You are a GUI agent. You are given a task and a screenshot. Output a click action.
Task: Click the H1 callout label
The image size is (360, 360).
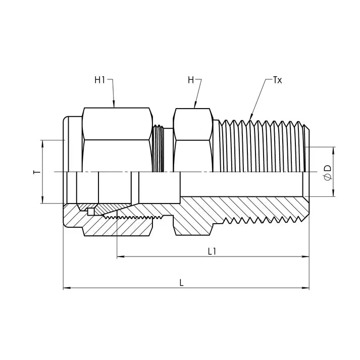pyautogui.click(x=99, y=80)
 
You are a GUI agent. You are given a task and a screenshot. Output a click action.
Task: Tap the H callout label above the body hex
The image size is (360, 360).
pyautogui.click(x=190, y=80)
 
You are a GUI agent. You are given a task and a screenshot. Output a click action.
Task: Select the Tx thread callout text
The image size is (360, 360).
pyautogui.click(x=277, y=80)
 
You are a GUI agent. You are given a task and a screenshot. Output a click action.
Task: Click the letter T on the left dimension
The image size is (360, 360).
pyautogui.click(x=36, y=172)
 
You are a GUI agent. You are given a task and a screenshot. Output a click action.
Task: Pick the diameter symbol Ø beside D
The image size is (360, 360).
pyautogui.click(x=328, y=177)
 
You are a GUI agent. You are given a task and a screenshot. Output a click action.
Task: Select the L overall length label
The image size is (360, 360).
pyautogui.click(x=181, y=283)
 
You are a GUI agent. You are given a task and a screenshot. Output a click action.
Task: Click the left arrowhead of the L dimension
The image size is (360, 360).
pyautogui.click(x=66, y=288)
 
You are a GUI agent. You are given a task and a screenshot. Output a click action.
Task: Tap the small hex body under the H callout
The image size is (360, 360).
pyautogui.click(x=192, y=139)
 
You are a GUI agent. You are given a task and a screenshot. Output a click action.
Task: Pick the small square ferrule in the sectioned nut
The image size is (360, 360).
pyautogui.click(x=90, y=212)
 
